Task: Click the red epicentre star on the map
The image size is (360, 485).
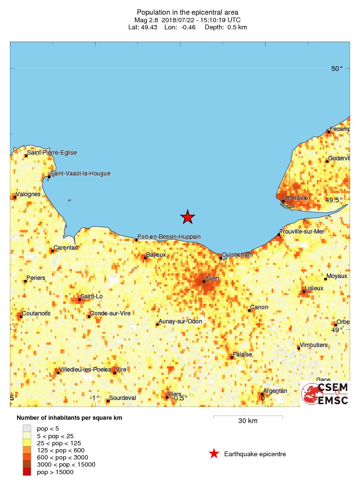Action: (x=188, y=217)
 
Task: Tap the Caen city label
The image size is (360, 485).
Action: (x=211, y=278)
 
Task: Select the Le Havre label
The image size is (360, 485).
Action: (x=296, y=198)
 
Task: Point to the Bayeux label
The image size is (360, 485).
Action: (x=156, y=254)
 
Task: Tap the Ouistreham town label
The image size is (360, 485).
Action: (x=238, y=255)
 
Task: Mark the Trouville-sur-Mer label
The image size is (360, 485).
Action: (x=302, y=231)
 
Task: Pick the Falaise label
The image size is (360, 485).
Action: (x=242, y=354)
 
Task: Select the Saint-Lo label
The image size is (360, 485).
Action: (x=92, y=296)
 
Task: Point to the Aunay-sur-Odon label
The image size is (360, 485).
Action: (x=180, y=321)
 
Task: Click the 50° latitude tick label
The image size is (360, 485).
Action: (x=337, y=69)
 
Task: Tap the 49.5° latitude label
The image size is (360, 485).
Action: (x=334, y=200)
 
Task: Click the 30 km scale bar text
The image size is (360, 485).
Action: (x=248, y=421)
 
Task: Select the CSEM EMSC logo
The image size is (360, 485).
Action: (x=326, y=394)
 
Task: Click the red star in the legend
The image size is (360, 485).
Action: (x=214, y=454)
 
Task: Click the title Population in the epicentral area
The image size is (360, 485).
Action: (x=188, y=12)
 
